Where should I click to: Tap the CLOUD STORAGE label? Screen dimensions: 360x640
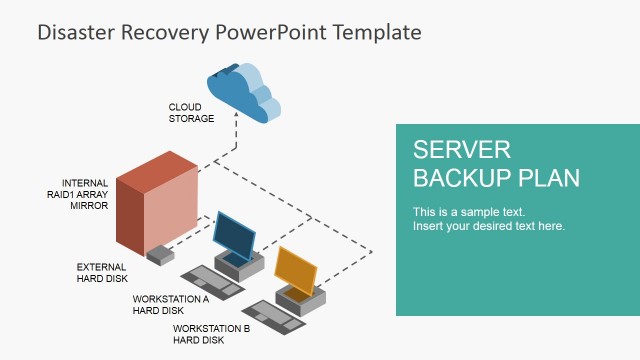pyautogui.click(x=191, y=112)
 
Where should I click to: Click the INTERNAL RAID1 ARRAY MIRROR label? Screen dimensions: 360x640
pyautogui.click(x=85, y=194)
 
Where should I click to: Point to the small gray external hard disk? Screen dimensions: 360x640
pyautogui.click(x=160, y=255)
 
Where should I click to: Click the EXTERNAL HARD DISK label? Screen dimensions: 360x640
pyautogui.click(x=102, y=273)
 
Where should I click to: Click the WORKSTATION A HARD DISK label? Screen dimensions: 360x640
pyautogui.click(x=171, y=304)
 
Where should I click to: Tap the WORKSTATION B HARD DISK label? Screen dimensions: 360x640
pyautogui.click(x=211, y=334)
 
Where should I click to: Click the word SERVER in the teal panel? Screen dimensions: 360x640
pyautogui.click(x=462, y=150)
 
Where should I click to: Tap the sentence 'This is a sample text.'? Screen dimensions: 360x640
pyautogui.click(x=469, y=212)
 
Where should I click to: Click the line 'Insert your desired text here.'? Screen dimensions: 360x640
pyautogui.click(x=489, y=226)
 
